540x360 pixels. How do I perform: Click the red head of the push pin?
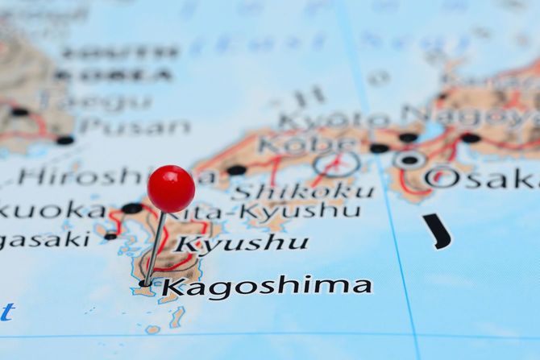coord(171,188)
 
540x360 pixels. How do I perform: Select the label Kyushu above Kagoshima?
coord(243,242)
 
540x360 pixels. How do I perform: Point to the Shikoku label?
coord(302,192)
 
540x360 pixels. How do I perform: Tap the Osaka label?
coord(483,178)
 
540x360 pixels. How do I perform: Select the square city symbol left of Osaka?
coord(409,159)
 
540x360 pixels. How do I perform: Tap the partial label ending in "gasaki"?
coord(44,239)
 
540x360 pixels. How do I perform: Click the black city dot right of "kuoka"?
coord(131,209)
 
